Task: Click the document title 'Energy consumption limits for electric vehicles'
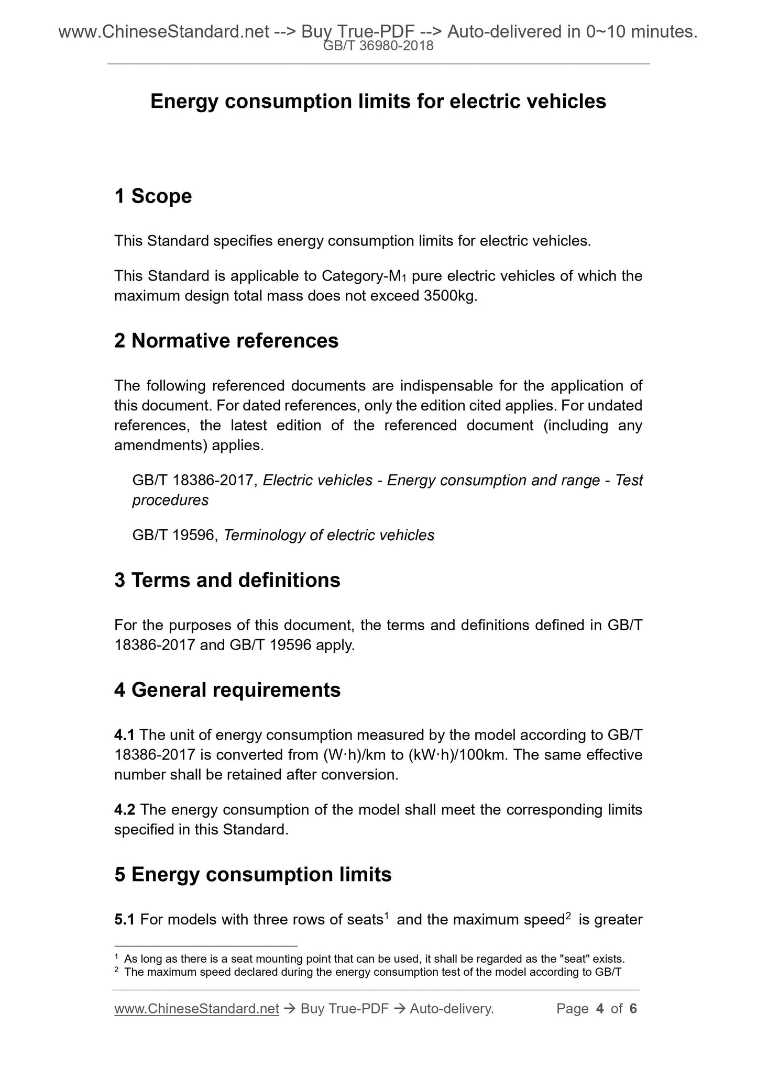point(378,102)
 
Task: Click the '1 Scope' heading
point(153,196)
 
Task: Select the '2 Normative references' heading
point(226,341)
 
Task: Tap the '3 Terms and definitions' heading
point(227,580)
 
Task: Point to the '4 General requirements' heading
point(227,690)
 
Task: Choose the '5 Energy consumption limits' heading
point(253,875)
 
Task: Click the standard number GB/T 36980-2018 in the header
point(378,46)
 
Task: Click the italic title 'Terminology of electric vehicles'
point(329,535)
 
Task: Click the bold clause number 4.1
point(124,735)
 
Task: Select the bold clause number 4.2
point(124,810)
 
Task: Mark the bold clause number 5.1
point(124,919)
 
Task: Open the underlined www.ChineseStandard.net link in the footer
point(196,1009)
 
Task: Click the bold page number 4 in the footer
point(600,1009)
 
